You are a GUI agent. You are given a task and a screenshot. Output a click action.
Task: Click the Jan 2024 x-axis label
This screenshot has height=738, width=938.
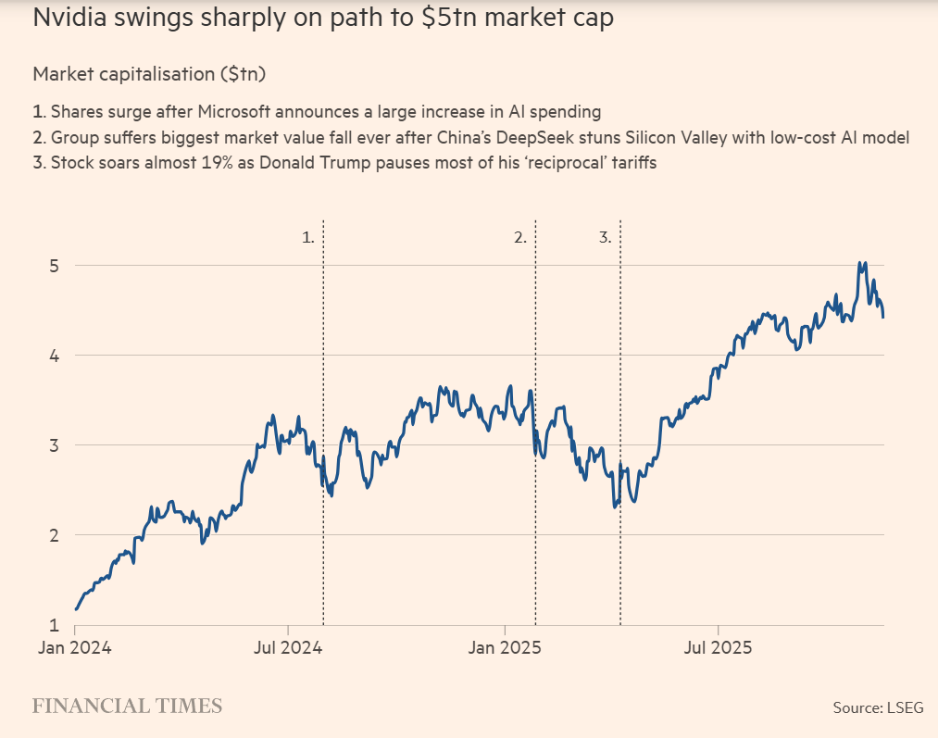point(74,648)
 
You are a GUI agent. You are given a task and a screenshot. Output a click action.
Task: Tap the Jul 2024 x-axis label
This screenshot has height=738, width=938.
point(288,648)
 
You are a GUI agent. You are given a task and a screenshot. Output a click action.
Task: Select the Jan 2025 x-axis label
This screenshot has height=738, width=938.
point(504,648)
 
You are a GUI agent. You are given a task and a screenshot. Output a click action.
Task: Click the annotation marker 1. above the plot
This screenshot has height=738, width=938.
point(308,238)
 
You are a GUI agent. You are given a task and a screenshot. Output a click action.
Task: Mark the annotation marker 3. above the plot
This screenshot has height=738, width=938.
point(605,238)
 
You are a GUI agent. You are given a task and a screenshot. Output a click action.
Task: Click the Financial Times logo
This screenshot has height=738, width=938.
point(127,707)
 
